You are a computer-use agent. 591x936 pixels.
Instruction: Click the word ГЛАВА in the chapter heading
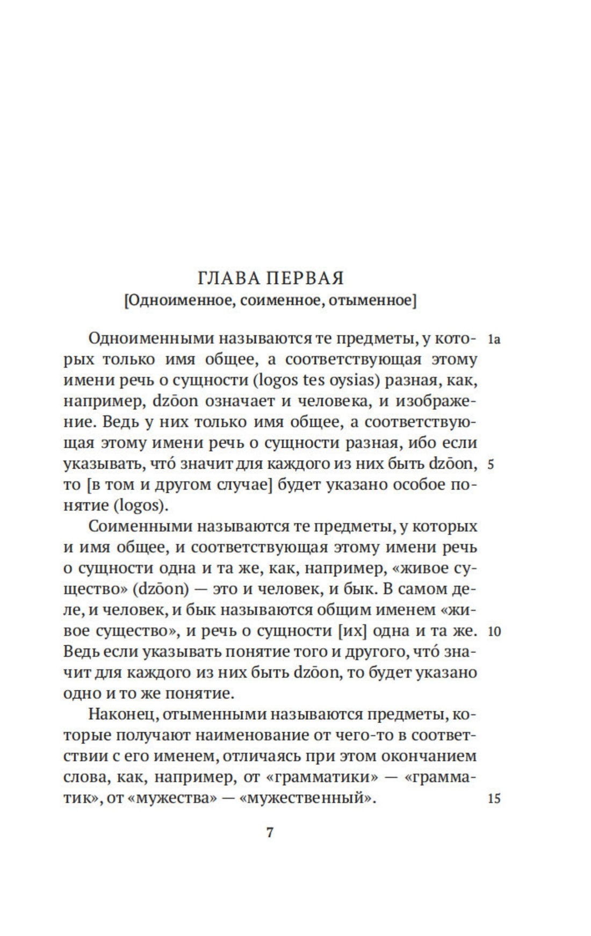(229, 278)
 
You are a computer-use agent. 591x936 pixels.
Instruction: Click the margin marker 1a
(494, 340)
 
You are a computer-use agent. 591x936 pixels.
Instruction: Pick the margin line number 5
(491, 465)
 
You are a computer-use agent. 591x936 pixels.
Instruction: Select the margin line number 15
(494, 798)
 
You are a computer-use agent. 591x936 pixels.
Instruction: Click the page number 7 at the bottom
(270, 833)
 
